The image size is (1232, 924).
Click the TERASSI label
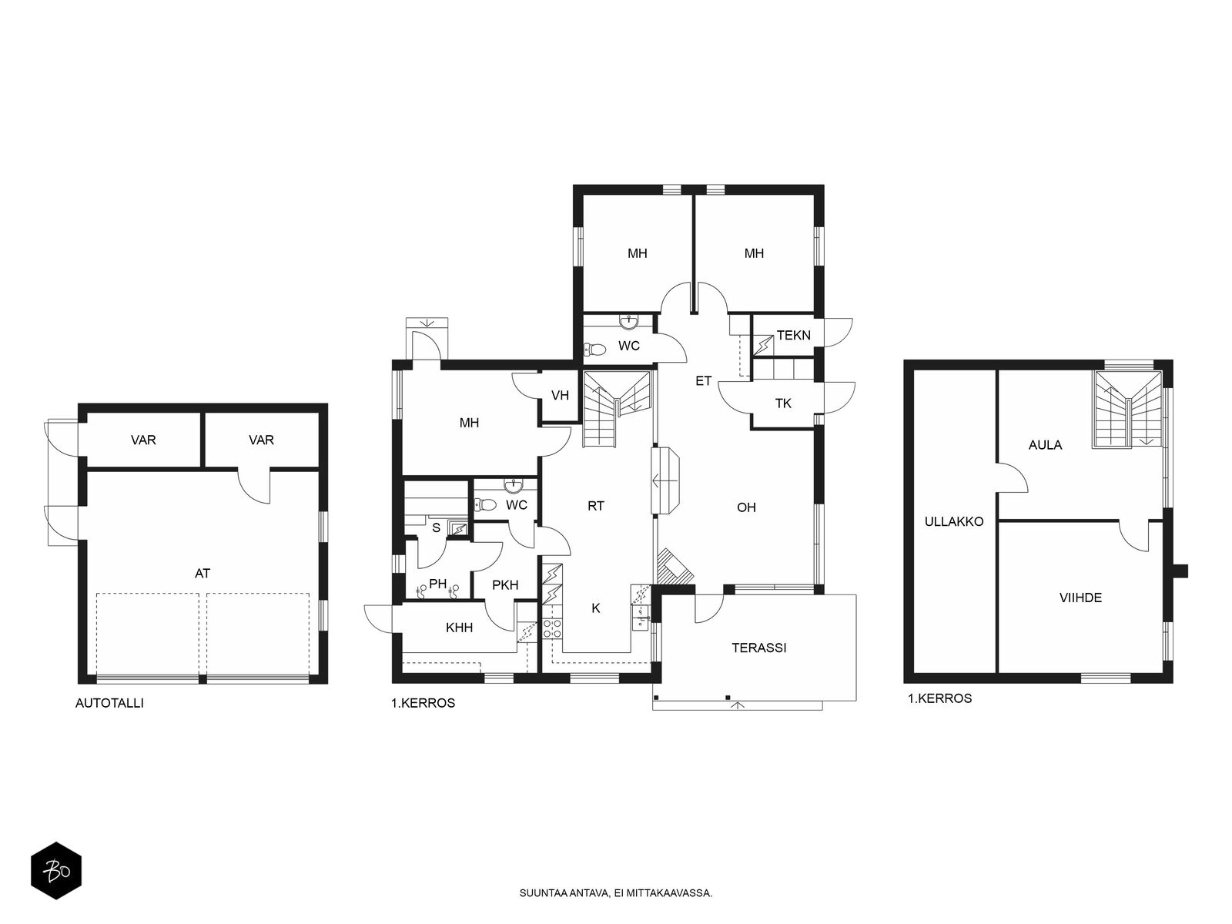click(x=758, y=648)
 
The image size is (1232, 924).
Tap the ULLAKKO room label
click(x=953, y=522)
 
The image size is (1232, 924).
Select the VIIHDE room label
click(x=1080, y=598)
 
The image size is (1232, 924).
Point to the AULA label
click(x=1045, y=446)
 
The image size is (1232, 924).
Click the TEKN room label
click(x=793, y=336)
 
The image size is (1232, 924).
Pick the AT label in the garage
click(x=202, y=574)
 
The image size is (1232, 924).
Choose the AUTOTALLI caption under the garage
click(x=109, y=703)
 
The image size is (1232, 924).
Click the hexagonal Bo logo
click(x=56, y=871)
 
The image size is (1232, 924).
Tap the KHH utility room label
click(x=459, y=628)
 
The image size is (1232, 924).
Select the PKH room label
click(x=504, y=586)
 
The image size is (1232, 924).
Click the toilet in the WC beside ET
click(x=594, y=350)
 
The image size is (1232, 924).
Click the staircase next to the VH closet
click(x=616, y=408)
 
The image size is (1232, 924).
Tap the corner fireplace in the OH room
click(x=675, y=567)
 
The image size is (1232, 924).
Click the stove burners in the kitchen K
click(x=552, y=629)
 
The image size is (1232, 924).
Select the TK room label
click(x=783, y=403)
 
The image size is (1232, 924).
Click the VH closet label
click(x=560, y=396)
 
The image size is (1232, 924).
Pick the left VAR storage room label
click(x=143, y=440)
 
